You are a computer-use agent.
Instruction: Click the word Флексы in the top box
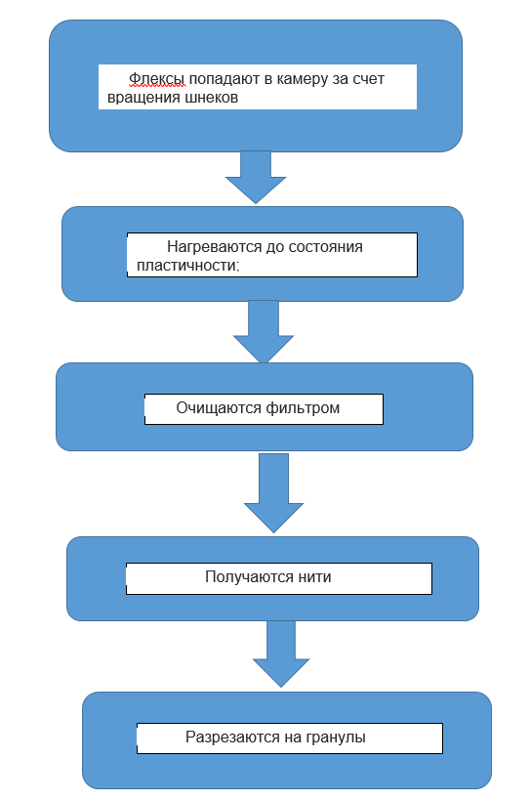coord(157,79)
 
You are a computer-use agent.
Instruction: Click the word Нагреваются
coord(215,247)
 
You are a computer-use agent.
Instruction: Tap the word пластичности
coord(187,266)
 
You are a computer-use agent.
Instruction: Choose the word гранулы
coord(336,738)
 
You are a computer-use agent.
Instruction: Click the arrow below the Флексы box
coord(256,177)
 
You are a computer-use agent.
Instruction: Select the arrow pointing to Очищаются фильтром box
coord(264,331)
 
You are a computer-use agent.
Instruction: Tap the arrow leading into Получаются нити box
coord(273,493)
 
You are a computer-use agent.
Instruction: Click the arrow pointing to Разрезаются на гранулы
coord(281,653)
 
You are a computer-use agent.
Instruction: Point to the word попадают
coord(224,80)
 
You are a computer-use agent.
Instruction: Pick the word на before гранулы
coord(292,738)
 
